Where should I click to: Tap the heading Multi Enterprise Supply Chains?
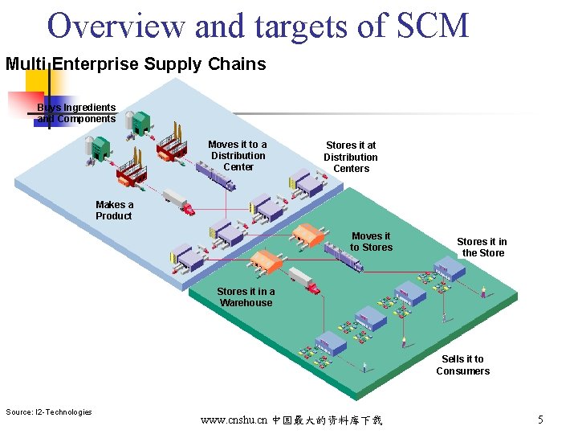(x=136, y=64)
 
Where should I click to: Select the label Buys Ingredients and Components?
(x=77, y=113)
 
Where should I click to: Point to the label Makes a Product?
(x=114, y=211)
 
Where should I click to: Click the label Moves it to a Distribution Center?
(x=238, y=156)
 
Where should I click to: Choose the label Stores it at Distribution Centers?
(x=351, y=157)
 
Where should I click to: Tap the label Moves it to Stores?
(x=371, y=242)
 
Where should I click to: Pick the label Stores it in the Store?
(x=482, y=247)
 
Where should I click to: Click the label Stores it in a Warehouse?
(x=246, y=297)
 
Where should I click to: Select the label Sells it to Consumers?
(x=463, y=365)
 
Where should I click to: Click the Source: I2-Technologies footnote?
(x=49, y=412)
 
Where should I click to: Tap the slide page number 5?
(x=540, y=420)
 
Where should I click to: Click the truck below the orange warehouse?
(x=304, y=279)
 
